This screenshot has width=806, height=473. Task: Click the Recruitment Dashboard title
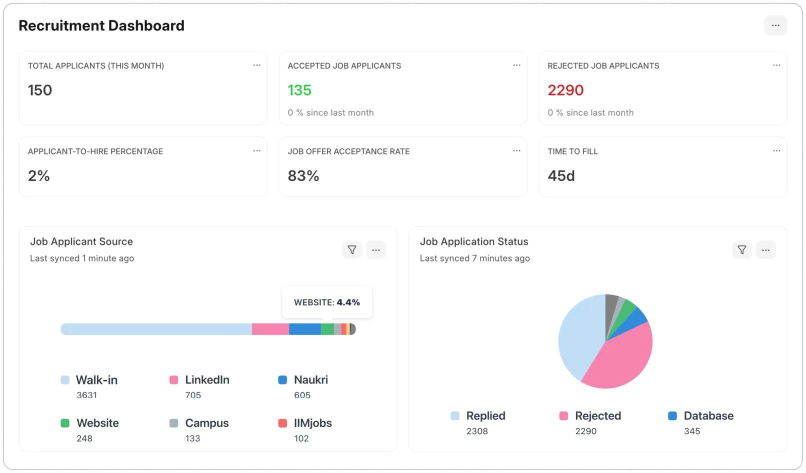pyautogui.click(x=101, y=26)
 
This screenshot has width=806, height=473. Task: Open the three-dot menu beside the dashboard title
pyautogui.click(x=775, y=25)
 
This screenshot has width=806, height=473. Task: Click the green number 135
pyautogui.click(x=299, y=90)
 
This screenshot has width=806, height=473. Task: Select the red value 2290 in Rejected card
pyautogui.click(x=565, y=90)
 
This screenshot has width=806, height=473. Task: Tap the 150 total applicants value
pyautogui.click(x=40, y=90)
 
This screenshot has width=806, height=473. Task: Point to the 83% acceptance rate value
pyautogui.click(x=303, y=176)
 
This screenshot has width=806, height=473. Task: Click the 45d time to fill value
pyautogui.click(x=561, y=176)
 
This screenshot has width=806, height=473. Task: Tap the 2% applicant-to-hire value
pyautogui.click(x=39, y=176)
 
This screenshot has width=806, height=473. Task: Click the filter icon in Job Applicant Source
pyautogui.click(x=352, y=249)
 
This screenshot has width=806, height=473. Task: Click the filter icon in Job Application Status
pyautogui.click(x=741, y=249)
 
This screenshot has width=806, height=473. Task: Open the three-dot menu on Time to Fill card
pyautogui.click(x=776, y=151)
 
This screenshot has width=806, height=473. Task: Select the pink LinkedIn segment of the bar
pyautogui.click(x=270, y=329)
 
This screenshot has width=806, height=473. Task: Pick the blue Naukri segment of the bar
pyautogui.click(x=304, y=329)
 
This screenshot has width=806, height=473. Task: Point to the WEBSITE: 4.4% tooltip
pyautogui.click(x=327, y=302)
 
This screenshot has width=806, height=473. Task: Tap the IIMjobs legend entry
pyautogui.click(x=312, y=423)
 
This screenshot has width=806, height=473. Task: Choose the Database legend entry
pyautogui.click(x=708, y=416)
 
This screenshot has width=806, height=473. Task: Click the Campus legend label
pyautogui.click(x=206, y=423)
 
